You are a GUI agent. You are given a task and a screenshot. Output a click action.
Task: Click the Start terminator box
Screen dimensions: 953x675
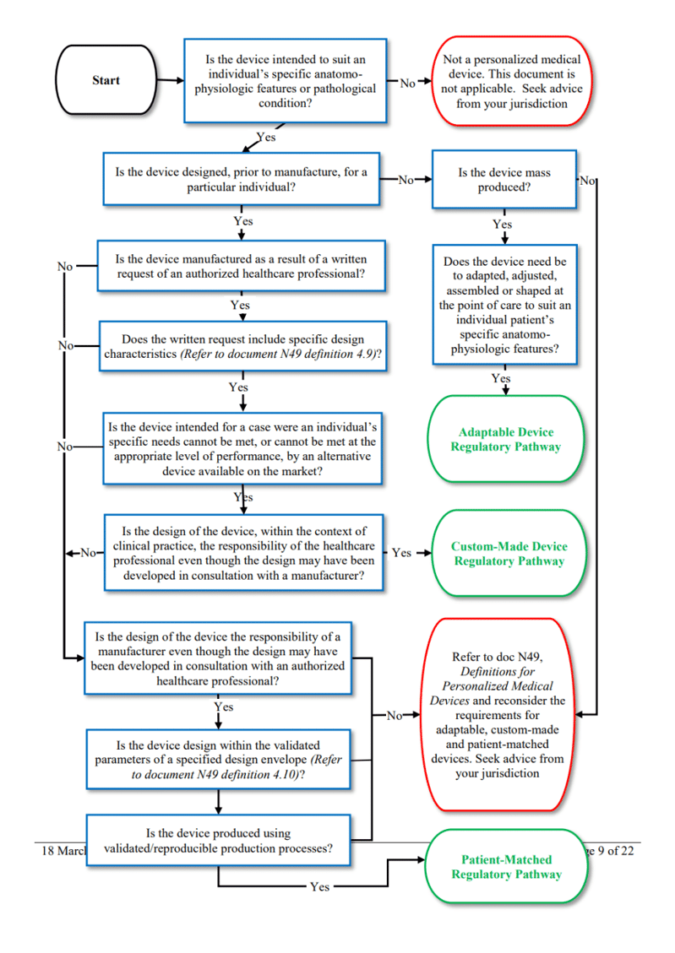coord(106,81)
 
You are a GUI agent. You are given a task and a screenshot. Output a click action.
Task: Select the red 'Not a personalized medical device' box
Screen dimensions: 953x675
coord(505,82)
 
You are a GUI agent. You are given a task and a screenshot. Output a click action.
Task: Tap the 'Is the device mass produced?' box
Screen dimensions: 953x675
coord(504,180)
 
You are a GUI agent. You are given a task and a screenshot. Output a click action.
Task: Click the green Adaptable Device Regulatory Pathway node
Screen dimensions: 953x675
coord(505,439)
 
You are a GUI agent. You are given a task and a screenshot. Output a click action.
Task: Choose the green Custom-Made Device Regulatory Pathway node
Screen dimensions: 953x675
coord(509,554)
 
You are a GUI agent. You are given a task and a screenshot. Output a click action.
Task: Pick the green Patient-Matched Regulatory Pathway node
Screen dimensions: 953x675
coord(506,867)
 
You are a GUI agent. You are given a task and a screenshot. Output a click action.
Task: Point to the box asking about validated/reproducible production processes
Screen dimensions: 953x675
coord(218,841)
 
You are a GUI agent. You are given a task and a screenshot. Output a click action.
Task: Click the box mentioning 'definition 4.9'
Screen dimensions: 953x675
coord(243,346)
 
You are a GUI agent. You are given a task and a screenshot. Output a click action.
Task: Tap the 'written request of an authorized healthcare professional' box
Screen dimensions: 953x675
coord(243,266)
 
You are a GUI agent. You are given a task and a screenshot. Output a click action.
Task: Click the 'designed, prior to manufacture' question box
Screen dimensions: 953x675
coord(242,179)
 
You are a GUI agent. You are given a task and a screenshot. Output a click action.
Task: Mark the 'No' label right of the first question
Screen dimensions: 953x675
coord(407,83)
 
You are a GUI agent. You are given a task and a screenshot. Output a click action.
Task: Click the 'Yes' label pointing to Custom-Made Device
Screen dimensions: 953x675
coord(401,553)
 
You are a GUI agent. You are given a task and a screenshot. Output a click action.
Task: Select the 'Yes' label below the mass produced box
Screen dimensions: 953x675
coord(502,225)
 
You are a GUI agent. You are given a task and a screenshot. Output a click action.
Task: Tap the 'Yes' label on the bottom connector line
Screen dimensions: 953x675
coord(319,887)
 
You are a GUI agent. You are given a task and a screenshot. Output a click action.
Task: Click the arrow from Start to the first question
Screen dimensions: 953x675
coord(170,81)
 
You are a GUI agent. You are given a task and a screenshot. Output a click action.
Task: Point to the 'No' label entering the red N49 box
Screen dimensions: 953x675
coord(395,716)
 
